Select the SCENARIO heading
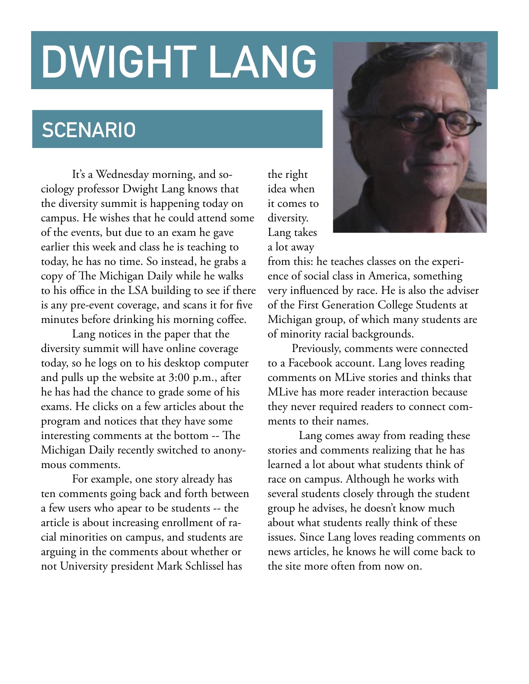tap(89, 130)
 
